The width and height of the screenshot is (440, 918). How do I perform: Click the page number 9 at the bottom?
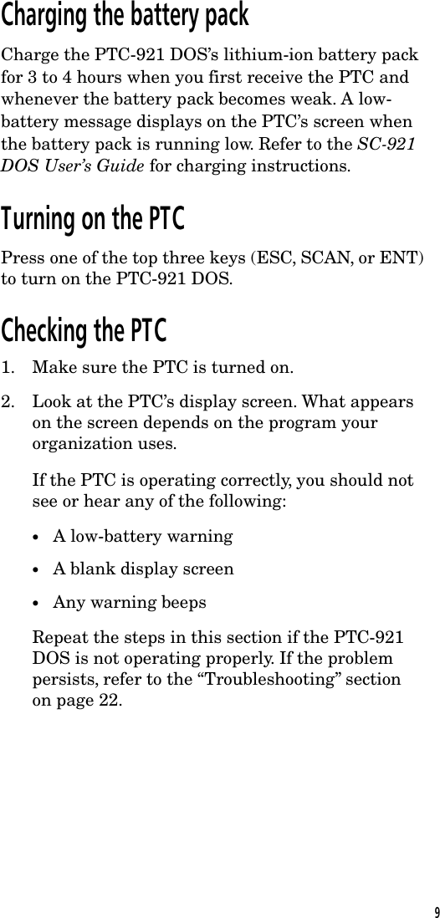pos(432,910)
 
